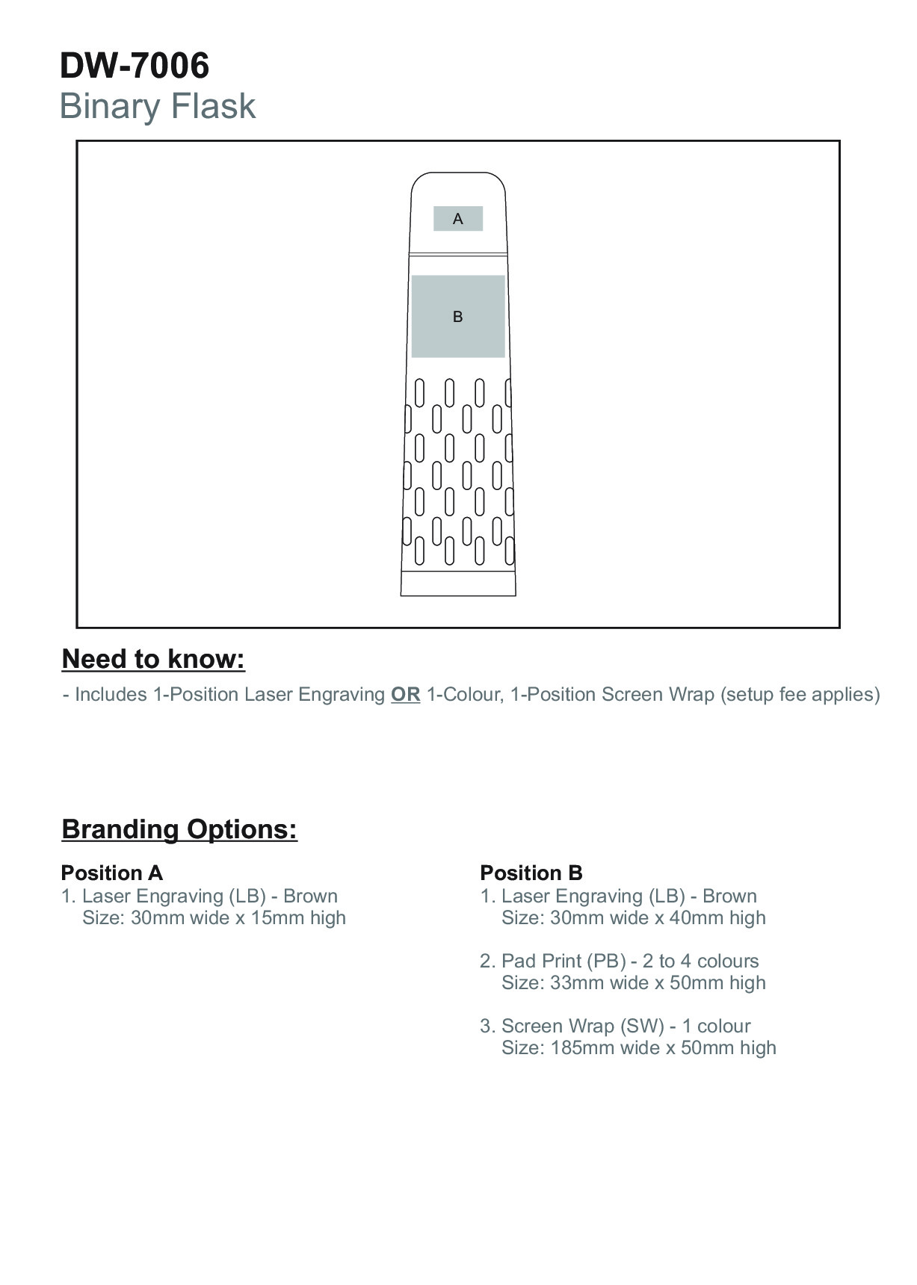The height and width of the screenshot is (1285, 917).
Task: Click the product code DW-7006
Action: [x=135, y=66]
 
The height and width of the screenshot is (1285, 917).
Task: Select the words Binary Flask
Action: [x=157, y=106]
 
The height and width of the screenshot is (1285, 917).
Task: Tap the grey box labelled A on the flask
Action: [x=458, y=219]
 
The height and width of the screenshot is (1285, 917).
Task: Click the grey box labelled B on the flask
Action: [x=458, y=316]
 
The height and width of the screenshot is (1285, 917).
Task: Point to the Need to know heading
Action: [x=153, y=659]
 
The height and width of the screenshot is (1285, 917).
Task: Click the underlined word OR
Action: [x=405, y=695]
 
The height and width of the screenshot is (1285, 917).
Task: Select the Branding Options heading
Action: [x=179, y=829]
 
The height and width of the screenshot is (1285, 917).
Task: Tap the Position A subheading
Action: [x=112, y=873]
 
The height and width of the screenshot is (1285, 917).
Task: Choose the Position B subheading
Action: [x=531, y=873]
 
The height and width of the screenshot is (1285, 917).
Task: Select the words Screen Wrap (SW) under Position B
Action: [x=583, y=1026]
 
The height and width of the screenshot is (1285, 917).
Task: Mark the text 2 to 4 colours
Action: [x=700, y=961]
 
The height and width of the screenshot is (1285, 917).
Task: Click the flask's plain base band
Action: [x=458, y=583]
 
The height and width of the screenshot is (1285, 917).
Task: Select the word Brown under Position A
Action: [x=310, y=896]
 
